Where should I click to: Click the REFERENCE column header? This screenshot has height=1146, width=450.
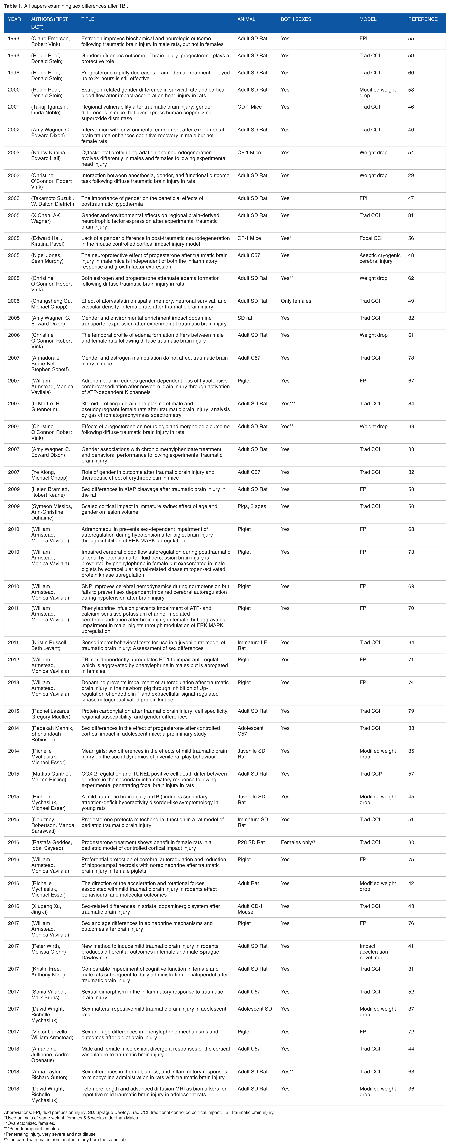pos(422,19)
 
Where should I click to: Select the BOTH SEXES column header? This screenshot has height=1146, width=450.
pos(296,19)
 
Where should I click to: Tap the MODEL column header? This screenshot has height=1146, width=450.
pos(368,19)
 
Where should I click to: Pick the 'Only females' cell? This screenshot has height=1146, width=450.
pos(296,301)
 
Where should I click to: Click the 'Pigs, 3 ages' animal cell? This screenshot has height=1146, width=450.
pos(252,506)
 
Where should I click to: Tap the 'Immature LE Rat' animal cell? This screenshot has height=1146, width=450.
pos(251,645)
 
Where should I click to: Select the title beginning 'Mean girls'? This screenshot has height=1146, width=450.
pos(154,754)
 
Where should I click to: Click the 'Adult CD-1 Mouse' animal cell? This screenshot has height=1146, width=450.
pos(250,909)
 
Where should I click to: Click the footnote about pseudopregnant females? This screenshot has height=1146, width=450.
pos(31,1129)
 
